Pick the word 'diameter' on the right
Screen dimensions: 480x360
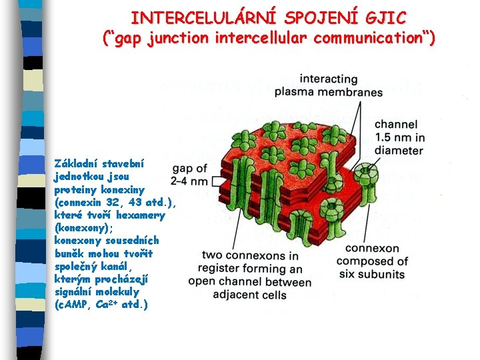click(399, 150)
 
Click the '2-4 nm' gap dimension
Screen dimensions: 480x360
click(189, 181)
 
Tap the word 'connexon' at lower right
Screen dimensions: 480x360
click(372, 249)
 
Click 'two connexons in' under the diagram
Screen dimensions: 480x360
click(250, 256)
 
